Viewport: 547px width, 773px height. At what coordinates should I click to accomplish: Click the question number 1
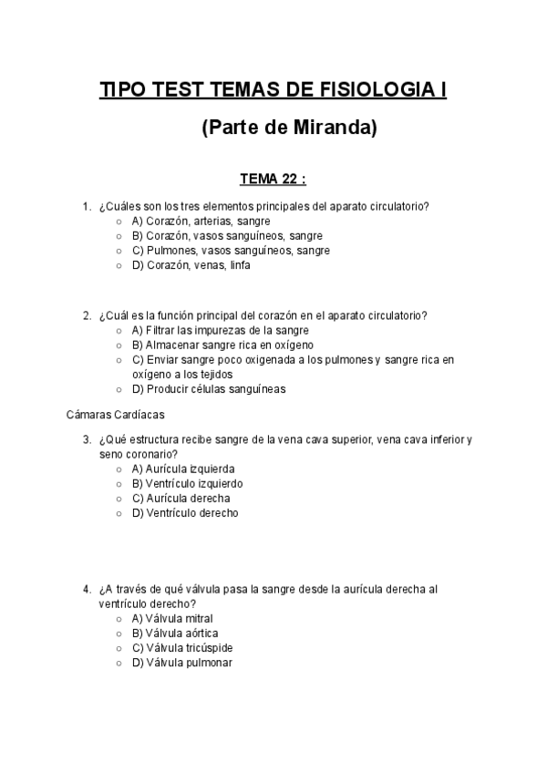click(87, 206)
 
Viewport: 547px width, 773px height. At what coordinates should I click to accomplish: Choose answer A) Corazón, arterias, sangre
click(201, 221)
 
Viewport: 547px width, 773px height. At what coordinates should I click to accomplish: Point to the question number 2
click(87, 315)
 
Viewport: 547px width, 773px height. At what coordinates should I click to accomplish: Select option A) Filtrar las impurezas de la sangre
click(220, 330)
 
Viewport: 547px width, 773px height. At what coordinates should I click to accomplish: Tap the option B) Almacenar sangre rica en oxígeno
click(222, 345)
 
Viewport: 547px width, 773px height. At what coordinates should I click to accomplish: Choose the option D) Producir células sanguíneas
click(209, 389)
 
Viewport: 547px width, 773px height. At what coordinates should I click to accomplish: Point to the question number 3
click(87, 439)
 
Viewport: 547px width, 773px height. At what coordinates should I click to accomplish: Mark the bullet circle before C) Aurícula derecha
click(119, 499)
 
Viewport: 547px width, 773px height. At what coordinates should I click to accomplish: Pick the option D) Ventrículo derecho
click(185, 513)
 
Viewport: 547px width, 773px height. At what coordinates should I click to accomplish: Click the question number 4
click(87, 589)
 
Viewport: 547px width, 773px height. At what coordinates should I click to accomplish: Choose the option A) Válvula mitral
click(172, 618)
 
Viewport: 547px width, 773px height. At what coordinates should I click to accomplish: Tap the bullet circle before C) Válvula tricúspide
click(119, 648)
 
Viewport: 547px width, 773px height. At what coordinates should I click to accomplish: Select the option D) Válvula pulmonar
click(181, 663)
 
